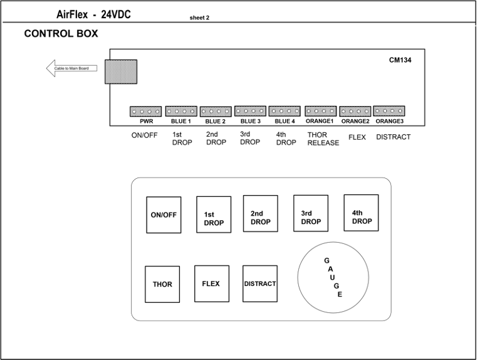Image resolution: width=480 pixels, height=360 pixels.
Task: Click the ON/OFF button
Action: (164, 215)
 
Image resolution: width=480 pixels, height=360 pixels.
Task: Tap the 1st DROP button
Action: (214, 215)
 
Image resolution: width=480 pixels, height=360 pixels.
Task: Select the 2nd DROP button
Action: (260, 214)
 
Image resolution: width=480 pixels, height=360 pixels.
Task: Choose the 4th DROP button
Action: (361, 213)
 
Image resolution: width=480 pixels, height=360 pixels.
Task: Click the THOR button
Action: (162, 284)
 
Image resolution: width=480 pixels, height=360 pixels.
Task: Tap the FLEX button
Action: (211, 283)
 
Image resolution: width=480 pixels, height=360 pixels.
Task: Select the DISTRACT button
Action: (260, 283)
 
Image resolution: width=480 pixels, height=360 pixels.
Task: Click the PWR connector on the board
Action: (145, 112)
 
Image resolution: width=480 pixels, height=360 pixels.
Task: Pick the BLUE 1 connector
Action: (181, 112)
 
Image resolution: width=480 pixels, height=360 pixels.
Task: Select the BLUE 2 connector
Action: (216, 112)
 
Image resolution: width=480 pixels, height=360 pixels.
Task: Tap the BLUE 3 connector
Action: (250, 111)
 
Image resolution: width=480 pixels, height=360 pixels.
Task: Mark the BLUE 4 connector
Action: (284, 111)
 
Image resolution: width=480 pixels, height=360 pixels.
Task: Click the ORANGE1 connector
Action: (320, 111)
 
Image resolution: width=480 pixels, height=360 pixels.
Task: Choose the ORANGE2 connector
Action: (355, 111)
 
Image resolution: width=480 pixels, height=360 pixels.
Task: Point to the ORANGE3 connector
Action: (389, 111)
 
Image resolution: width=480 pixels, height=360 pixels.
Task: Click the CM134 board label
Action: (400, 60)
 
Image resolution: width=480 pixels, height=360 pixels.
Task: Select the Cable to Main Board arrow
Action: (71, 68)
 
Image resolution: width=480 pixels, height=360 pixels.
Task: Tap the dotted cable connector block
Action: (121, 71)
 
